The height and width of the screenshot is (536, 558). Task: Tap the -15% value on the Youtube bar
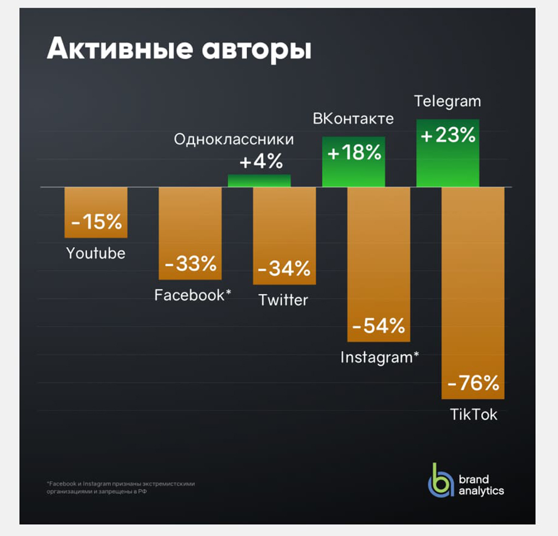click(x=96, y=223)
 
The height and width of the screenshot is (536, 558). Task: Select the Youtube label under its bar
click(x=96, y=253)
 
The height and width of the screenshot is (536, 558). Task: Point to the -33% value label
click(x=191, y=265)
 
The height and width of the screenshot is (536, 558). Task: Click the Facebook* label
click(x=193, y=295)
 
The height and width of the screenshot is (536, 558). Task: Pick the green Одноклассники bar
click(x=259, y=181)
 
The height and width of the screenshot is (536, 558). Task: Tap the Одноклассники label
click(x=234, y=140)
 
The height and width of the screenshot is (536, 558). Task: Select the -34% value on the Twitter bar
click(x=284, y=269)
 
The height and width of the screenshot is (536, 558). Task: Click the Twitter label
click(x=283, y=300)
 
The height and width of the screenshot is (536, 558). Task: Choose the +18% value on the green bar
click(x=354, y=153)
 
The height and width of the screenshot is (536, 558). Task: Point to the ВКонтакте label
click(x=353, y=118)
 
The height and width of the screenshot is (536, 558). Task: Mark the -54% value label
click(x=379, y=326)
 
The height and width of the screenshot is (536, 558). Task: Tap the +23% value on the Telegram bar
click(x=448, y=135)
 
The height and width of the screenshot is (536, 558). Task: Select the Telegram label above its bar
click(x=447, y=102)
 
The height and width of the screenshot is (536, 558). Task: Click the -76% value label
click(x=473, y=383)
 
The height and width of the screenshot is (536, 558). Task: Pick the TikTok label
click(x=473, y=414)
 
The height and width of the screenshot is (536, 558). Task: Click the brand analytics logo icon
click(x=440, y=480)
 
